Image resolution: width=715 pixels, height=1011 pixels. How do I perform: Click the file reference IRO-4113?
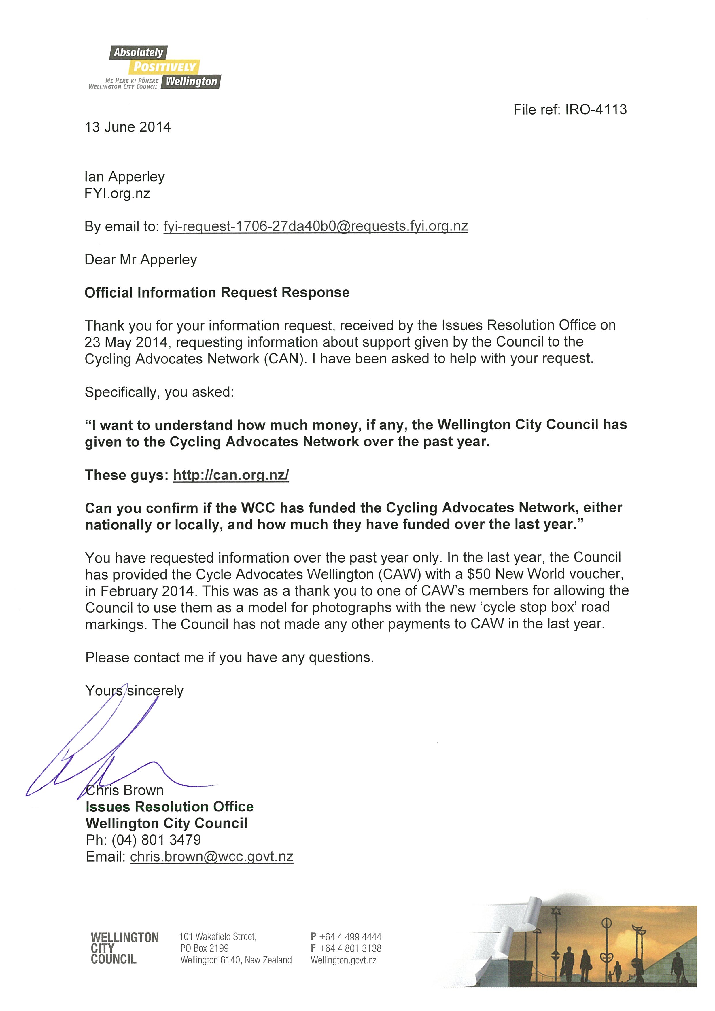tap(596, 110)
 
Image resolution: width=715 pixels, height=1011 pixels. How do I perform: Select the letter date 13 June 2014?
tap(128, 127)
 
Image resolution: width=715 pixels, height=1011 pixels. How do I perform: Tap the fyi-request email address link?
tap(315, 226)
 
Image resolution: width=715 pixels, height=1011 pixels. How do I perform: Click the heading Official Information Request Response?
tap(217, 293)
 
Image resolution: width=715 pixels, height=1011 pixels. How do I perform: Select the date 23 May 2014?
tap(126, 342)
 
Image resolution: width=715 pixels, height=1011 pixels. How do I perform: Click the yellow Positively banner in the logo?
tap(164, 67)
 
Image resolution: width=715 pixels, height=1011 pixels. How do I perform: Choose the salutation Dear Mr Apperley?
tap(141, 260)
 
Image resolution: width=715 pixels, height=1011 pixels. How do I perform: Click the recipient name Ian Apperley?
tap(125, 177)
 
